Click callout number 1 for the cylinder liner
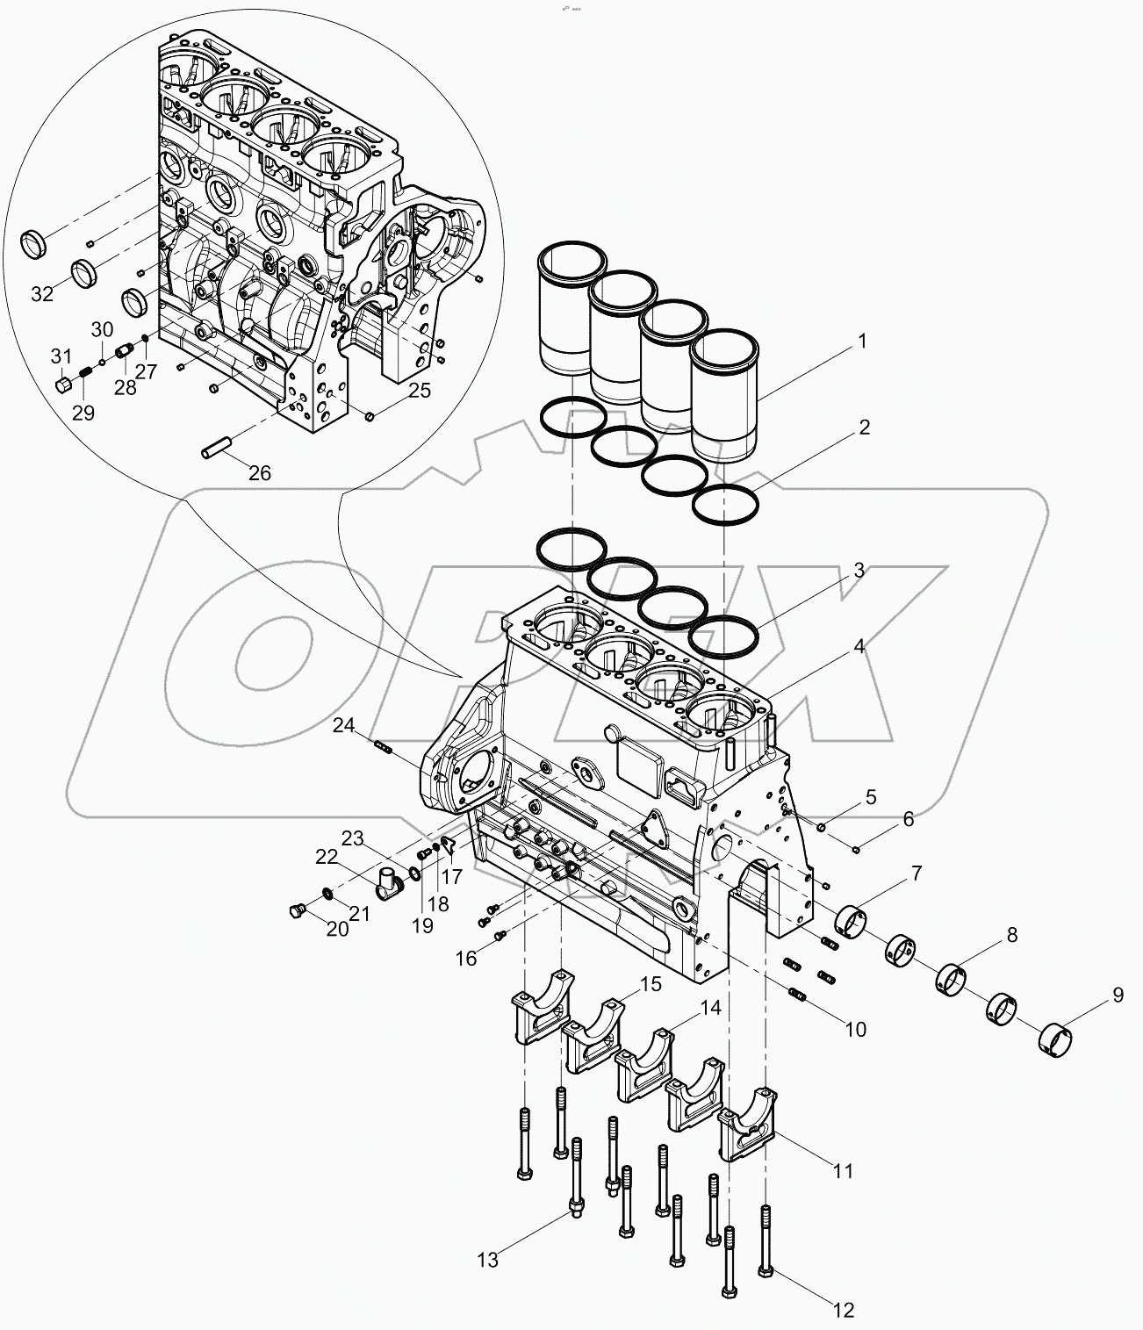861,341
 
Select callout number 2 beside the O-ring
864,428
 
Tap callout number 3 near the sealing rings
858,571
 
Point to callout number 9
1117,996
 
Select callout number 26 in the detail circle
259,473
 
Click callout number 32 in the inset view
42,293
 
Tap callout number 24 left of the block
344,725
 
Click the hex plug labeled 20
296,912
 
